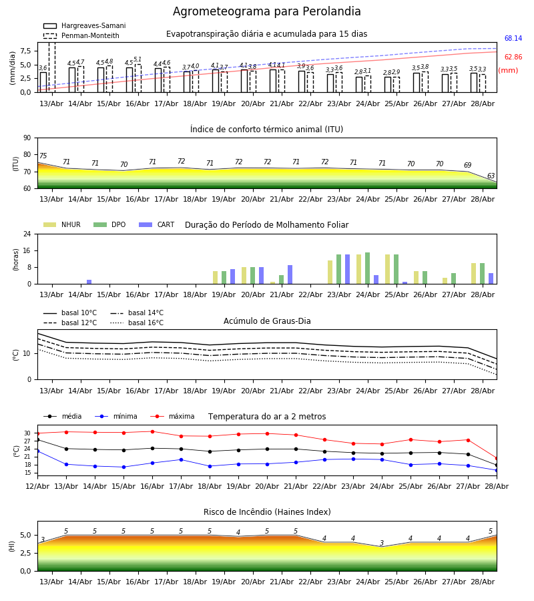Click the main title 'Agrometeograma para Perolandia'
coord(266,11)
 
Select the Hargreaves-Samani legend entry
coord(84,25)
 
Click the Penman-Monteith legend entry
coord(81,35)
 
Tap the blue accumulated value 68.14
coord(513,38)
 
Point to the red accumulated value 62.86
coord(513,57)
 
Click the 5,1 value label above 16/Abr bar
coord(138,59)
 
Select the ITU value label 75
coord(43,156)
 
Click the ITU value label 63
coord(491,176)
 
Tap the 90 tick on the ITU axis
coord(27,138)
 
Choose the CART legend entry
coord(156,224)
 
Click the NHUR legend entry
coord(61,224)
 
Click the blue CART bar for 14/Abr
coord(89,282)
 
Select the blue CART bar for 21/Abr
coord(290,275)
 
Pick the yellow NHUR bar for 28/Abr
coord(473,274)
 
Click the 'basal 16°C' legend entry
coord(137,323)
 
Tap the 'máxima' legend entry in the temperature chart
coord(172,416)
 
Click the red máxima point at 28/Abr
coord(497,458)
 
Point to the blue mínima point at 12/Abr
coord(37,451)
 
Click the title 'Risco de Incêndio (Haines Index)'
coord(267,512)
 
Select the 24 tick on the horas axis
coord(27,234)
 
